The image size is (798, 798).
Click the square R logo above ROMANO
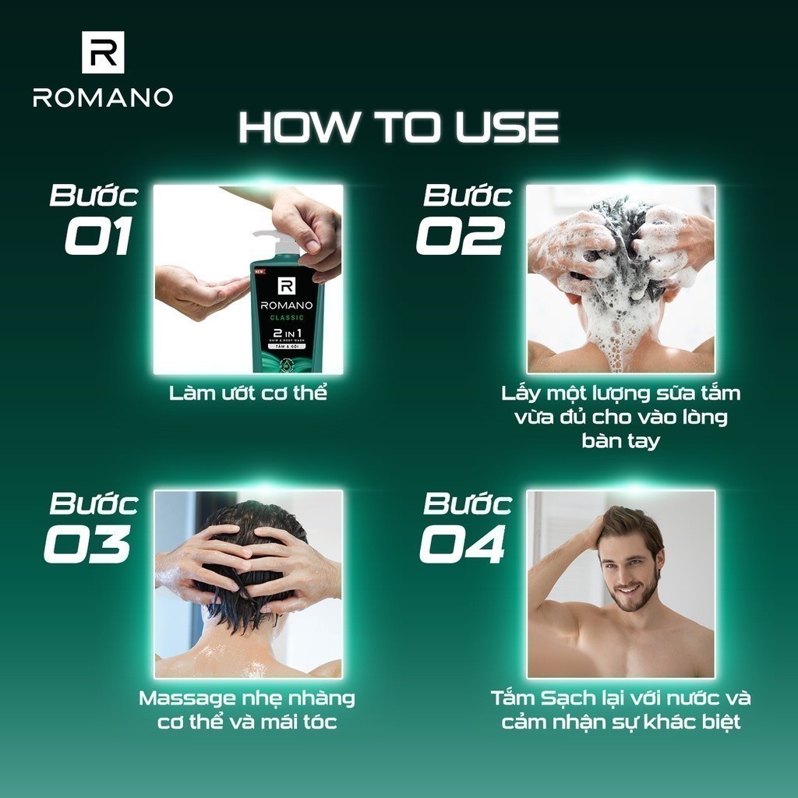(x=103, y=52)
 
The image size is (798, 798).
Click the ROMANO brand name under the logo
(x=103, y=97)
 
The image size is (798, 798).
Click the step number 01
(x=98, y=235)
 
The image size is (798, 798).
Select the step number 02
(x=461, y=235)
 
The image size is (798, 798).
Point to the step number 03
(x=87, y=544)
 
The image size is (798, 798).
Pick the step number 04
(x=463, y=544)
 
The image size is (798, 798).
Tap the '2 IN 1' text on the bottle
(x=287, y=332)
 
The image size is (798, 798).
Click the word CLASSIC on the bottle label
(x=287, y=318)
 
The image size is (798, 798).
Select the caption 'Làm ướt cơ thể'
(x=248, y=394)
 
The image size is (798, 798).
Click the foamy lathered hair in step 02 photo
(x=621, y=265)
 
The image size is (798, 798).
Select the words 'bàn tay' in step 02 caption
(x=620, y=441)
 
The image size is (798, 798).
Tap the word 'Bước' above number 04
(x=468, y=503)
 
